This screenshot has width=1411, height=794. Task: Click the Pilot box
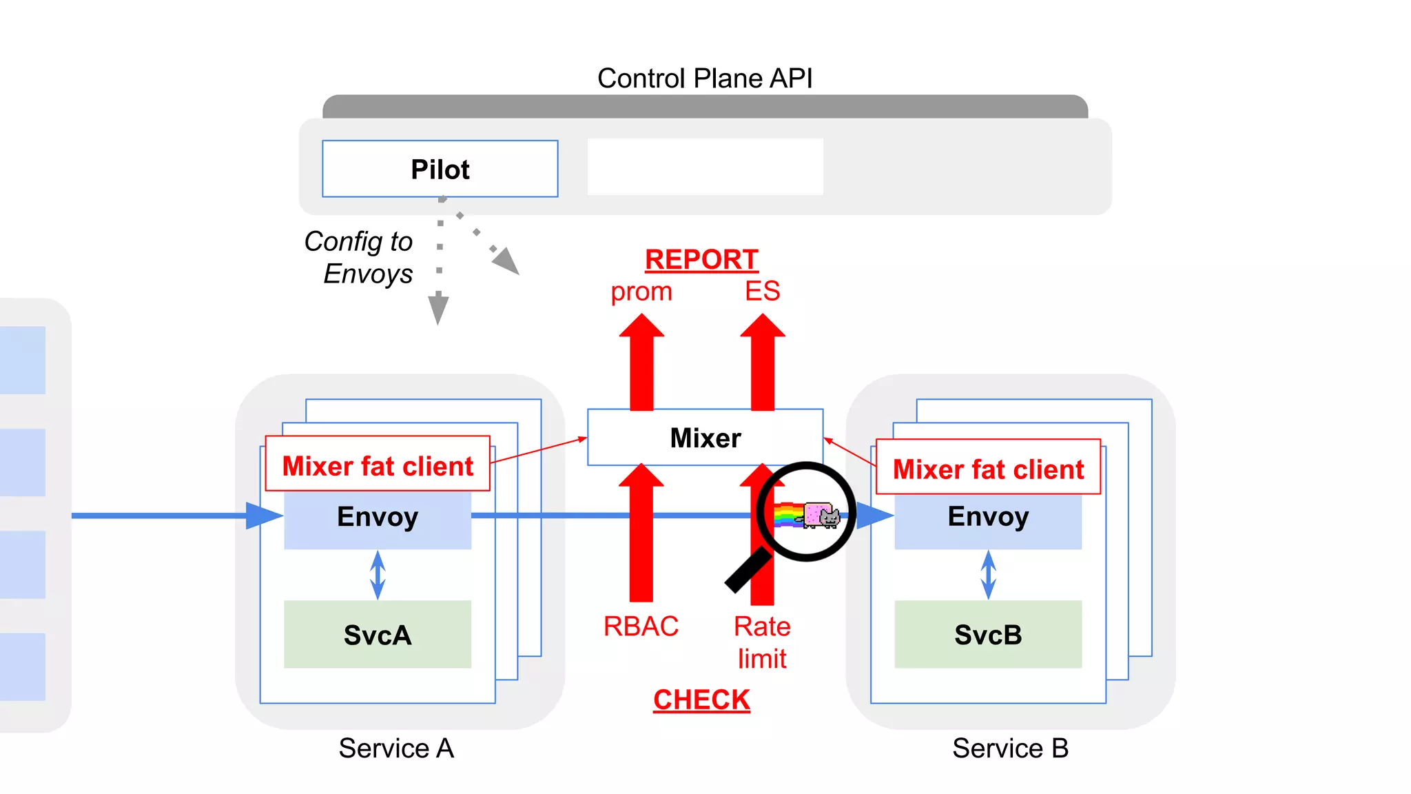click(440, 169)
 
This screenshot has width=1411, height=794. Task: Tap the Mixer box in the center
click(705, 438)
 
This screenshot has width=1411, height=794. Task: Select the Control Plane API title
click(704, 78)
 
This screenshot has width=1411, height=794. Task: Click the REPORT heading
click(701, 260)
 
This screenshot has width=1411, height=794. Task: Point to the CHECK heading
click(701, 700)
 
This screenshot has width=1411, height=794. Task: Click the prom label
click(641, 292)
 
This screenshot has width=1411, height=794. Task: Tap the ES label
click(762, 291)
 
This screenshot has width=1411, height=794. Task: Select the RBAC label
click(641, 627)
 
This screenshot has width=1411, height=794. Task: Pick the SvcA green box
click(378, 634)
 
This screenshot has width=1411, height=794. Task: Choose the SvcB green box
click(988, 634)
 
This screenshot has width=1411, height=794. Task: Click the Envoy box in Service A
click(378, 517)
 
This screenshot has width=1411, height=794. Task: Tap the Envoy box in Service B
click(988, 517)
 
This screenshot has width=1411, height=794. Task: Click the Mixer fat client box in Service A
click(378, 466)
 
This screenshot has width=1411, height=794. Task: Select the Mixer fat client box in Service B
click(988, 469)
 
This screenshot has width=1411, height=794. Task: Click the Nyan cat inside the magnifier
click(820, 515)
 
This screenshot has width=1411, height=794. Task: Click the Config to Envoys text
click(360, 258)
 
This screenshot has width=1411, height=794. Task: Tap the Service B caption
click(1010, 748)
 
